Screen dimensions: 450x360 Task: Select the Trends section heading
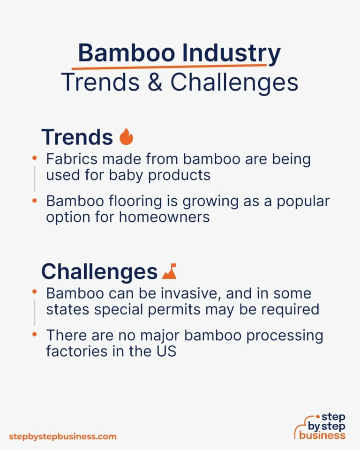click(77, 137)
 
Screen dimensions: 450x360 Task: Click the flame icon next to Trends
click(126, 137)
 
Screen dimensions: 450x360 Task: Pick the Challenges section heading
click(99, 271)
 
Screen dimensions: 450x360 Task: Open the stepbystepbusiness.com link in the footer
click(62, 436)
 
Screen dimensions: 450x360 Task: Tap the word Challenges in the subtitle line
click(234, 83)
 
